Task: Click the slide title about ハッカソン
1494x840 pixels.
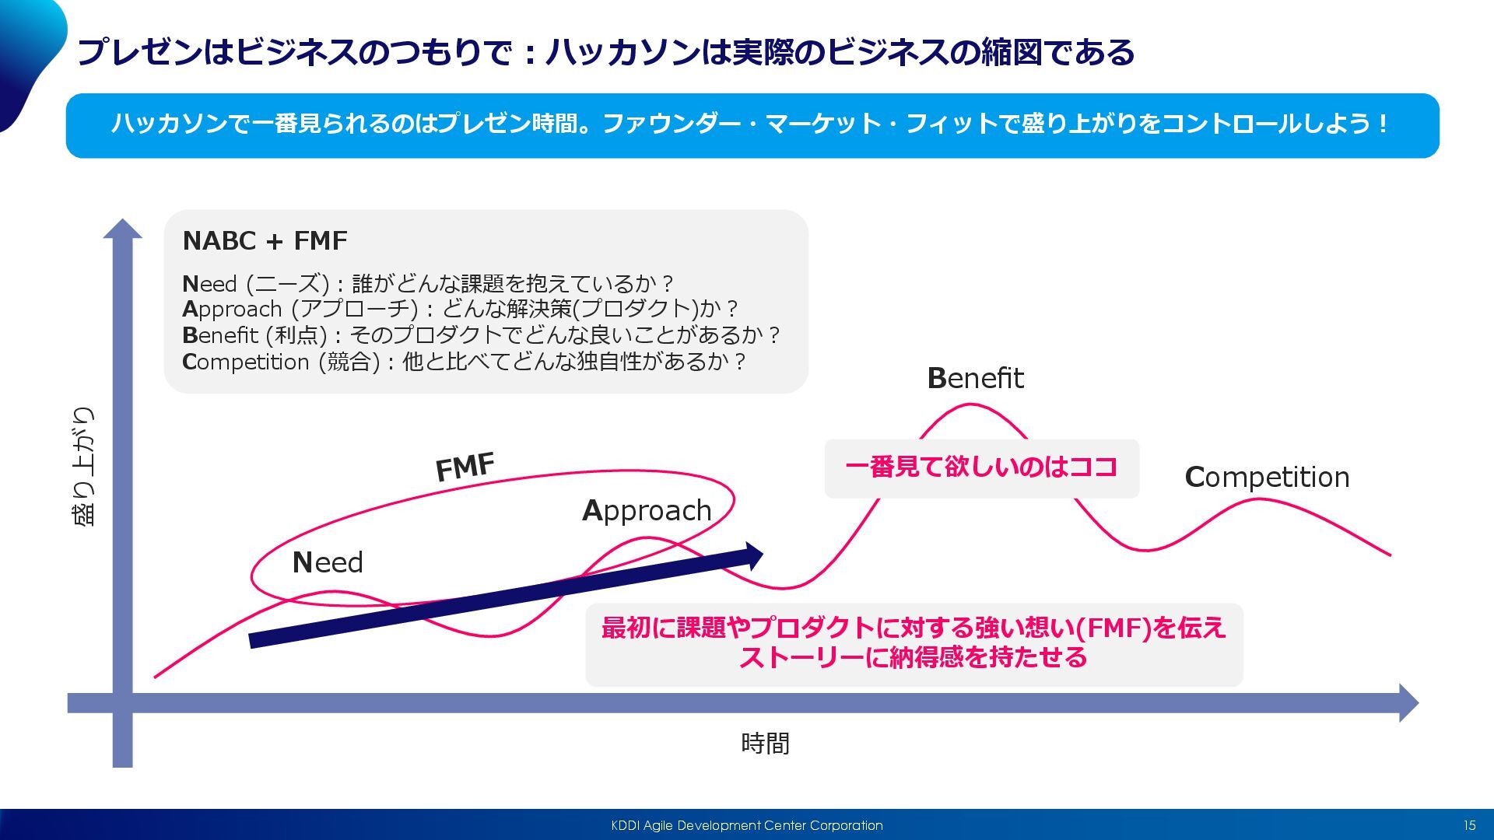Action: coord(605,53)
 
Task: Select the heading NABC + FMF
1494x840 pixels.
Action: coord(265,241)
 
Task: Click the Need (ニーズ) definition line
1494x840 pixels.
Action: coord(427,283)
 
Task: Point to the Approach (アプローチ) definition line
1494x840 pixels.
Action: coord(459,309)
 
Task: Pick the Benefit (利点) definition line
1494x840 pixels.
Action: coord(480,335)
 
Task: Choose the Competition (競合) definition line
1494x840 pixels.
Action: coord(464,362)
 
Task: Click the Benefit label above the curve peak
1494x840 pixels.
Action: coord(975,379)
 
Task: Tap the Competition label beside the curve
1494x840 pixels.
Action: coord(1266,477)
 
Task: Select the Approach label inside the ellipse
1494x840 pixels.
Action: coord(647,511)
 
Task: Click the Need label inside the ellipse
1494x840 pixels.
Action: coord(328,562)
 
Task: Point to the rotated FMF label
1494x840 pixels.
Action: coord(465,467)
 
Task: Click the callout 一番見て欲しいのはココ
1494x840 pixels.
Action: coord(981,467)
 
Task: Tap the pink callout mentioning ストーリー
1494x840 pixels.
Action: coord(914,643)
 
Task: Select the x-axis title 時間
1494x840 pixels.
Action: coord(765,744)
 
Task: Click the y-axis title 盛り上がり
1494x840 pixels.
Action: coord(83,466)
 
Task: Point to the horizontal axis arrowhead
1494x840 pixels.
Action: coord(1408,703)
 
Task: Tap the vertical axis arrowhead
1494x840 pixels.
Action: coord(123,229)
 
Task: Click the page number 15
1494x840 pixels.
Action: coord(1469,825)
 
